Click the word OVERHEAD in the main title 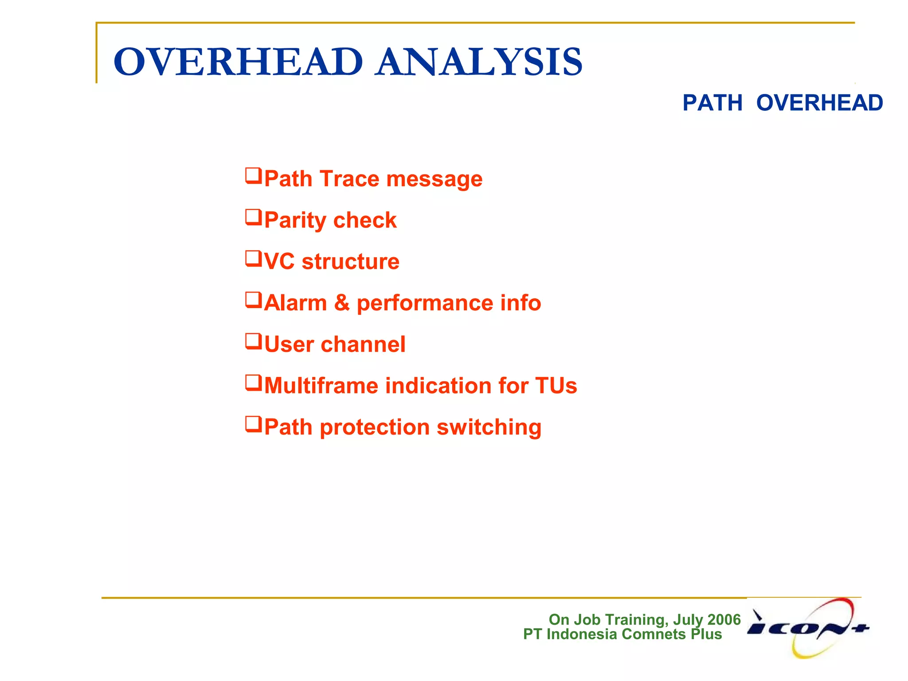click(238, 62)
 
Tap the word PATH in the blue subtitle click(712, 103)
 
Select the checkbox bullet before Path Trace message click(254, 176)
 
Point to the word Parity click(295, 220)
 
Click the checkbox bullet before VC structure click(254, 259)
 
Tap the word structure click(350, 262)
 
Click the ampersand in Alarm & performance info click(342, 303)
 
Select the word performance click(425, 304)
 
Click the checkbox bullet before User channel click(254, 342)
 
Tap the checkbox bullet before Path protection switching click(254, 424)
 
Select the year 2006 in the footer click(724, 619)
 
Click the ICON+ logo click(808, 627)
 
